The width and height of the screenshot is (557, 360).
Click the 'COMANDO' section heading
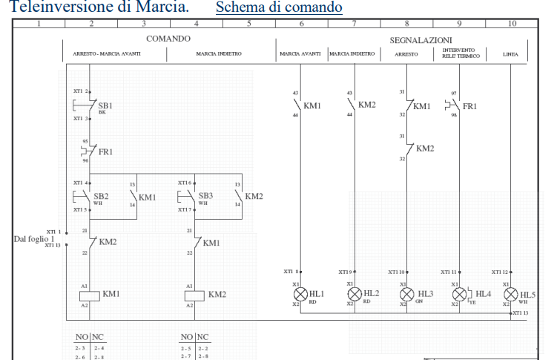[169, 38]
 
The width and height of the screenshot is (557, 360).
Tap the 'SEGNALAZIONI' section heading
[421, 39]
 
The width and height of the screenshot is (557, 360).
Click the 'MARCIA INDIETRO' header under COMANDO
[221, 53]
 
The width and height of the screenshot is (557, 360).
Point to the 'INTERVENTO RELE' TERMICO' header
[460, 53]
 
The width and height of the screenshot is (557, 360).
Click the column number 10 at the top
[512, 24]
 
